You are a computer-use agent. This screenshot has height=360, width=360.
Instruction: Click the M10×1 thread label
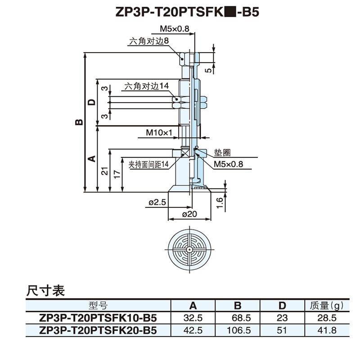tap(159, 133)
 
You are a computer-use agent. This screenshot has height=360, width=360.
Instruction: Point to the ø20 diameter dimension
tap(189, 215)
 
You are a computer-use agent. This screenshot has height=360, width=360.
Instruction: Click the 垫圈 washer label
tap(222, 153)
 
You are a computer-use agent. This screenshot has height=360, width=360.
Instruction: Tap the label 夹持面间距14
tap(148, 165)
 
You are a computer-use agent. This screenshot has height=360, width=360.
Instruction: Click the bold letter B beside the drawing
tap(79, 122)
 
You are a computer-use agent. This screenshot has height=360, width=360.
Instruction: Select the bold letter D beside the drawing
tap(92, 102)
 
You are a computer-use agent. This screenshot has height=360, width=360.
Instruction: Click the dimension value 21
tap(104, 171)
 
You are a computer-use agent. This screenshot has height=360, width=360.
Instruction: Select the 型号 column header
tap(98, 306)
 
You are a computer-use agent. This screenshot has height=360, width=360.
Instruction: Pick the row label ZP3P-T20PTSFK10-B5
tap(98, 318)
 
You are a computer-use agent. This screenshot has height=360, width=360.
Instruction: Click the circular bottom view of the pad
tap(189, 249)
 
